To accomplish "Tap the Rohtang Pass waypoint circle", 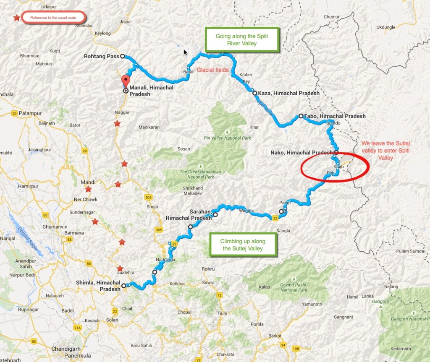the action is coord(123,56).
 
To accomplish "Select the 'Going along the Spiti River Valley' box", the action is coord(242,40).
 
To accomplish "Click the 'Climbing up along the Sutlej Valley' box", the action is coord(243,245).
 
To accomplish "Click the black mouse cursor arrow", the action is coord(186,52).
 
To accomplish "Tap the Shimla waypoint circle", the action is coord(123,286).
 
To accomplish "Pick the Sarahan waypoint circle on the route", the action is coord(215,215).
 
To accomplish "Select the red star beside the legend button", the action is coord(16,18).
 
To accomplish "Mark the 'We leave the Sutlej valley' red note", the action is coord(385,150).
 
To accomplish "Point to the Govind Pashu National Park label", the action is coord(294,287).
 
